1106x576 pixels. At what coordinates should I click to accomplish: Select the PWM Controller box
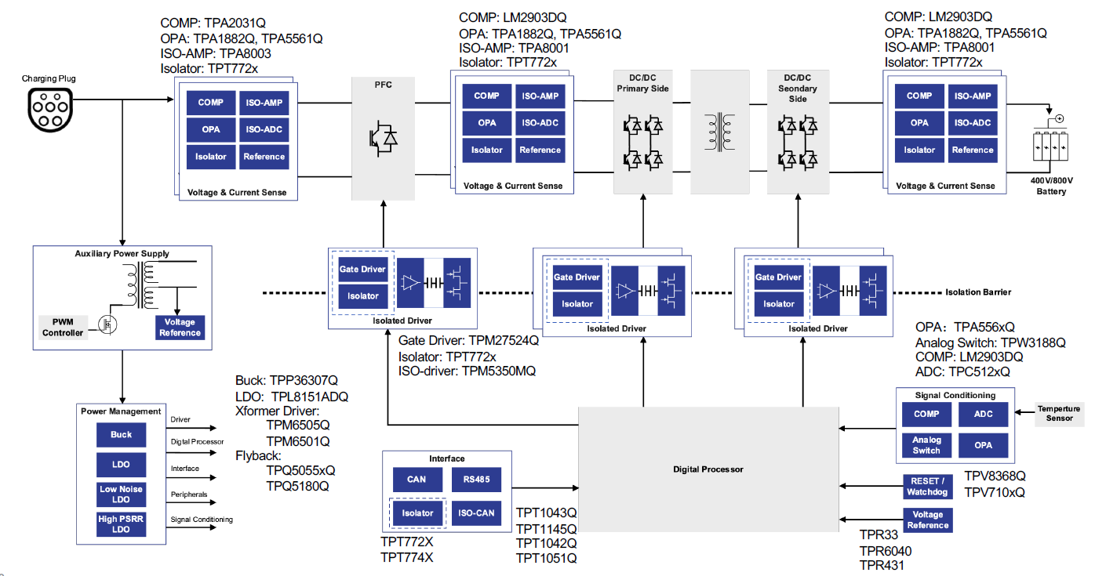[62, 328]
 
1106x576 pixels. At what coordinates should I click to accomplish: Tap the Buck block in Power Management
[121, 435]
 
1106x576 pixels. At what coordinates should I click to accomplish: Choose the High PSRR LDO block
[121, 524]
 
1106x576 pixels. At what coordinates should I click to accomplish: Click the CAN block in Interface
[417, 480]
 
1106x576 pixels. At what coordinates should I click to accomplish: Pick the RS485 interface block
[476, 480]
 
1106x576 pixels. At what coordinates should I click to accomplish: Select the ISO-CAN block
[476, 513]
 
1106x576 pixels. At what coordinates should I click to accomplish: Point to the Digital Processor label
[708, 469]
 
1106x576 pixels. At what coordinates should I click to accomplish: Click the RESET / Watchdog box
[928, 487]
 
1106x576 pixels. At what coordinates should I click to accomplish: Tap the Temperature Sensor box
[1058, 414]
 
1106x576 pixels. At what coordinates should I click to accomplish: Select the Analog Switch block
[926, 445]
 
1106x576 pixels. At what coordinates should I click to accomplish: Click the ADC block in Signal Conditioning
[983, 414]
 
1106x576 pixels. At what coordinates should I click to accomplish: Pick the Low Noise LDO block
[121, 494]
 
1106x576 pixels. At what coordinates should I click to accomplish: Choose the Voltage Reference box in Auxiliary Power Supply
[180, 328]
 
